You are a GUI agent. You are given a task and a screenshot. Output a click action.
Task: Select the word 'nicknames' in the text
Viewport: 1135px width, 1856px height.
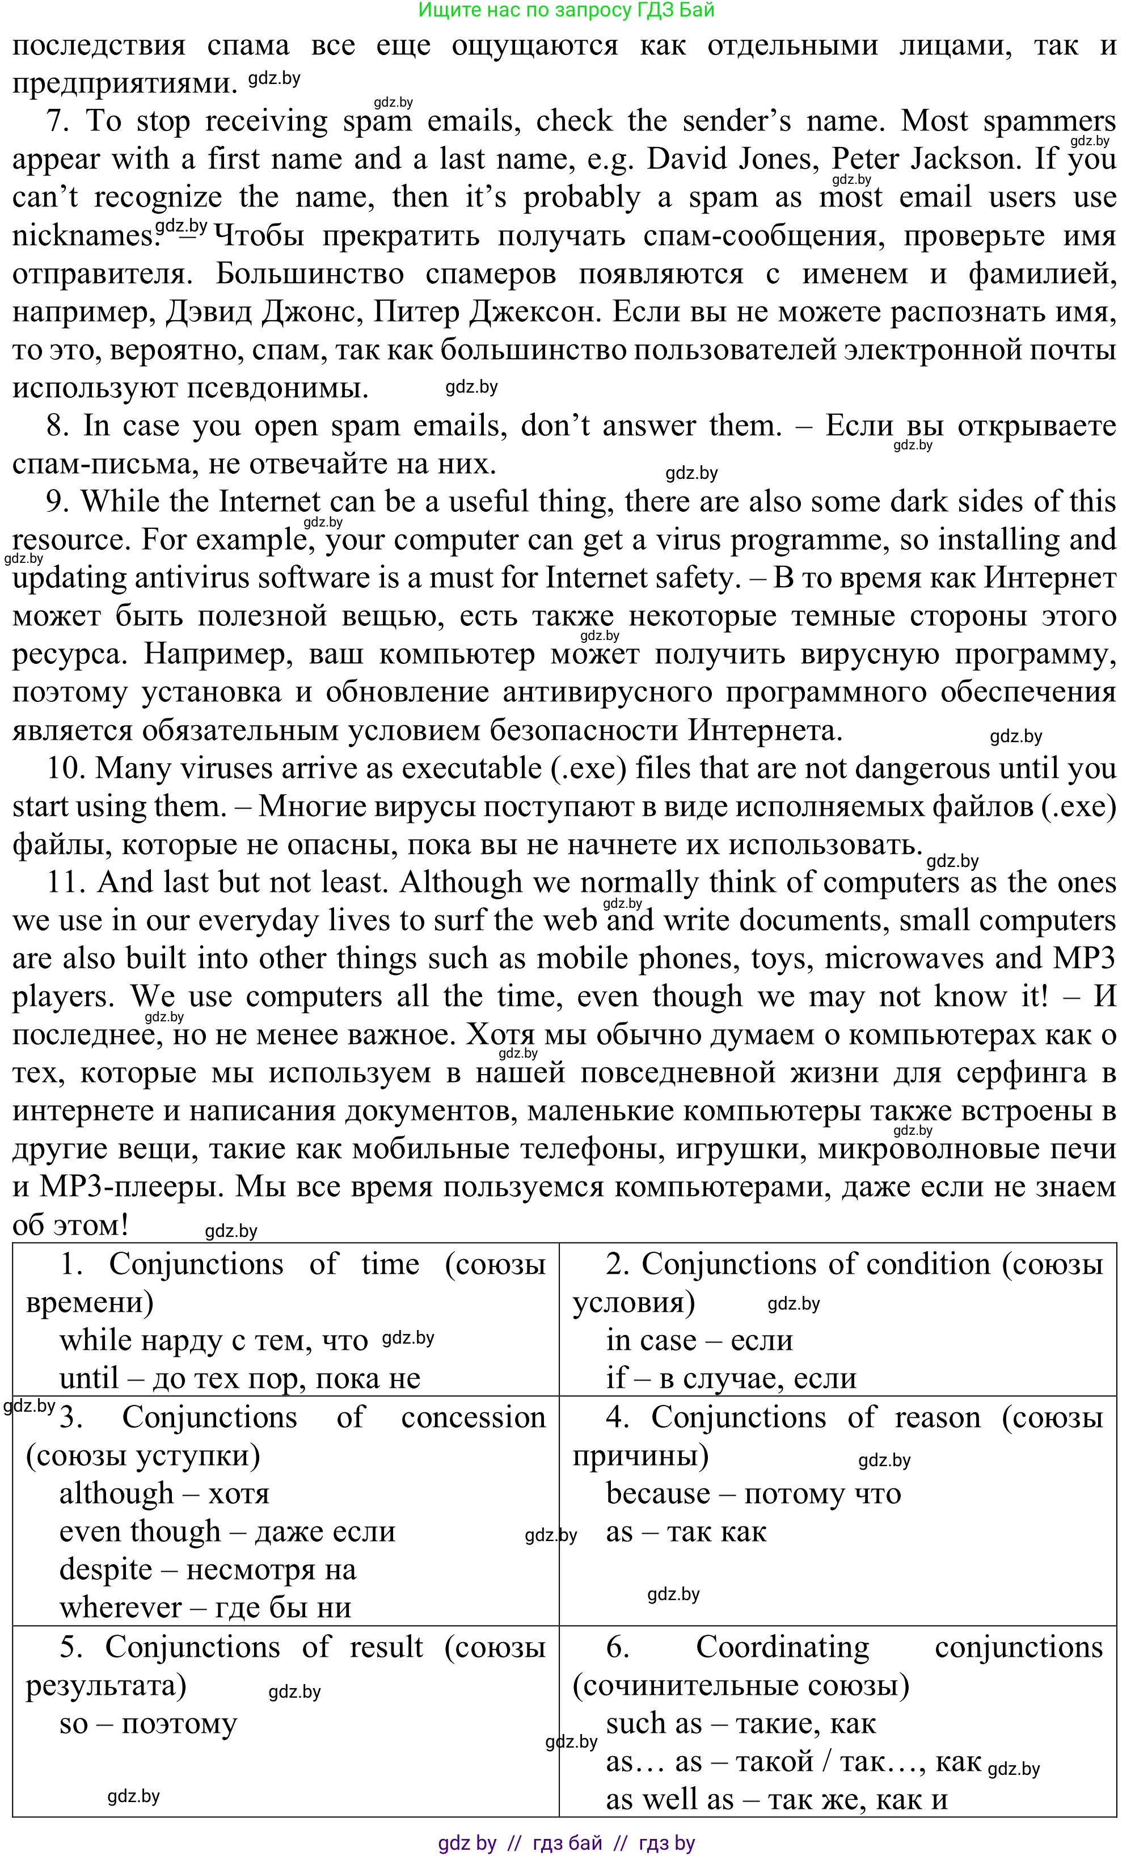[x=81, y=237]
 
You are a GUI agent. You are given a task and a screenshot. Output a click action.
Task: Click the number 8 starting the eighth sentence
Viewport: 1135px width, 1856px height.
[x=57, y=426]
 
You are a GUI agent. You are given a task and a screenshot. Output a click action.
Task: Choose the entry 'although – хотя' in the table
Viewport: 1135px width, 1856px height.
[x=164, y=1493]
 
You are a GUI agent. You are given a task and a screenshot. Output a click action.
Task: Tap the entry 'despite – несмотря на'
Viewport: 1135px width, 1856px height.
[x=207, y=1570]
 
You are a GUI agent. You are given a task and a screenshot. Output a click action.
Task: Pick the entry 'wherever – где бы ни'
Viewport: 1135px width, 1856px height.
[x=205, y=1608]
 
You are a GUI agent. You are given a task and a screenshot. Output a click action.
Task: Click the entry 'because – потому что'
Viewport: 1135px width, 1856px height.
[x=753, y=1493]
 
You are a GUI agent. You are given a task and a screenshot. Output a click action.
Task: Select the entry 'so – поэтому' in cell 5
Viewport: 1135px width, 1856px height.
[x=147, y=1723]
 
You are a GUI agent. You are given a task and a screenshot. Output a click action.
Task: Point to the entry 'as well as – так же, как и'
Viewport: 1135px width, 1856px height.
[x=777, y=1799]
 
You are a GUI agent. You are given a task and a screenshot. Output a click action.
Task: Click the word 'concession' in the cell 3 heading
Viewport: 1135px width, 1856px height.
[x=473, y=1417]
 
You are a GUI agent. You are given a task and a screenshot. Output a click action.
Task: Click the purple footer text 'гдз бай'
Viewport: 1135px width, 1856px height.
[x=567, y=1843]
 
